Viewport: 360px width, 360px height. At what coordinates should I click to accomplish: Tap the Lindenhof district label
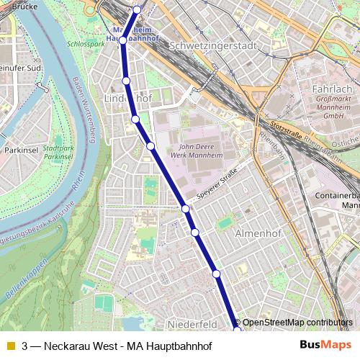125,97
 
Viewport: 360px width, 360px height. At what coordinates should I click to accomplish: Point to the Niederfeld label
192,324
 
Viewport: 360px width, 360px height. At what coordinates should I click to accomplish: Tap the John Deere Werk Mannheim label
196,150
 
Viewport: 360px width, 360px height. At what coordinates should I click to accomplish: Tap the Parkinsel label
21,150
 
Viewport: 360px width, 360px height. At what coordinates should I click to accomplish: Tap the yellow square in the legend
10,345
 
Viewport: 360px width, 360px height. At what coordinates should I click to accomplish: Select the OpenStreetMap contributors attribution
297,323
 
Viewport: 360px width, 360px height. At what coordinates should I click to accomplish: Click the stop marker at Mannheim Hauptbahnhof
123,40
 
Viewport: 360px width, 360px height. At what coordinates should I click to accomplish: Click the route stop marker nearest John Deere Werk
150,146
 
